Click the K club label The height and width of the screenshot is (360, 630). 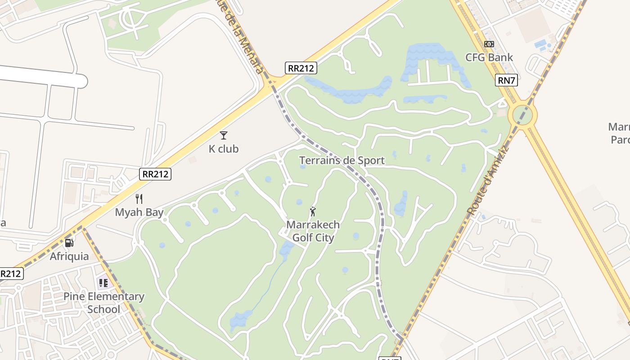tap(224, 149)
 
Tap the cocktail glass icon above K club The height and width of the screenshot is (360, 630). tap(224, 135)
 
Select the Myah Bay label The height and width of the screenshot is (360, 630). tap(139, 212)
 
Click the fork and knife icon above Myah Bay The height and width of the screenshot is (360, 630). tap(139, 199)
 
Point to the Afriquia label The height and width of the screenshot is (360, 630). tap(69, 256)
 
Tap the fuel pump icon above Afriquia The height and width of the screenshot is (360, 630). tap(69, 243)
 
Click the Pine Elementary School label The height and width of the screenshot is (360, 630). tap(104, 303)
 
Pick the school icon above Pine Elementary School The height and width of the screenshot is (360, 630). tap(103, 283)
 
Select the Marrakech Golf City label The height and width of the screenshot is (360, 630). tap(313, 231)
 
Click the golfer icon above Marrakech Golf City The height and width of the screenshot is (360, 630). tap(313, 211)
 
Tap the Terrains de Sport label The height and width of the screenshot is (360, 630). tap(342, 161)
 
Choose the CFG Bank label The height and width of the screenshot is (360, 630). tap(489, 58)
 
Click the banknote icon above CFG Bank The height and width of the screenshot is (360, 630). tap(489, 44)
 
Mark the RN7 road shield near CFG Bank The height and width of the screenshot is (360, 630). tap(507, 81)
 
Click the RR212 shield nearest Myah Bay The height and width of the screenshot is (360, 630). tap(155, 174)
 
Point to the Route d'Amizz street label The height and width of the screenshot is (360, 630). tap(488, 180)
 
